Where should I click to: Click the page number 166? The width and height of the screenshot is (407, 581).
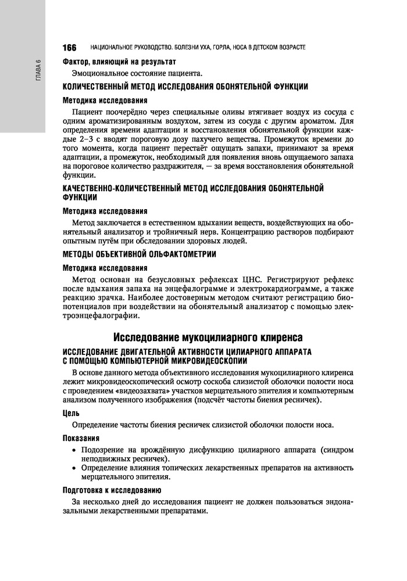[x=69, y=46]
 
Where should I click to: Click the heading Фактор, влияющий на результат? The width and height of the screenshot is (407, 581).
[x=119, y=62]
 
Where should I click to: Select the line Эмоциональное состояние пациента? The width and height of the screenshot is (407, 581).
[x=137, y=73]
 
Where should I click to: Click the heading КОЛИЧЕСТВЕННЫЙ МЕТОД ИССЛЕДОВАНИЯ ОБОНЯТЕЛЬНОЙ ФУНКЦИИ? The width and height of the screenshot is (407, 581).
[x=185, y=87]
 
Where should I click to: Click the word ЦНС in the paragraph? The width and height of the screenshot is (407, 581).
[x=241, y=279]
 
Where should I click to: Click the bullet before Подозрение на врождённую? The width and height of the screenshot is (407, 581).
[x=73, y=450]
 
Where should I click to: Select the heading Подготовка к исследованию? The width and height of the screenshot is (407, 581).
[x=112, y=490]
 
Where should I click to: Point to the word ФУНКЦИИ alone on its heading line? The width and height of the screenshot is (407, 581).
[x=80, y=198]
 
